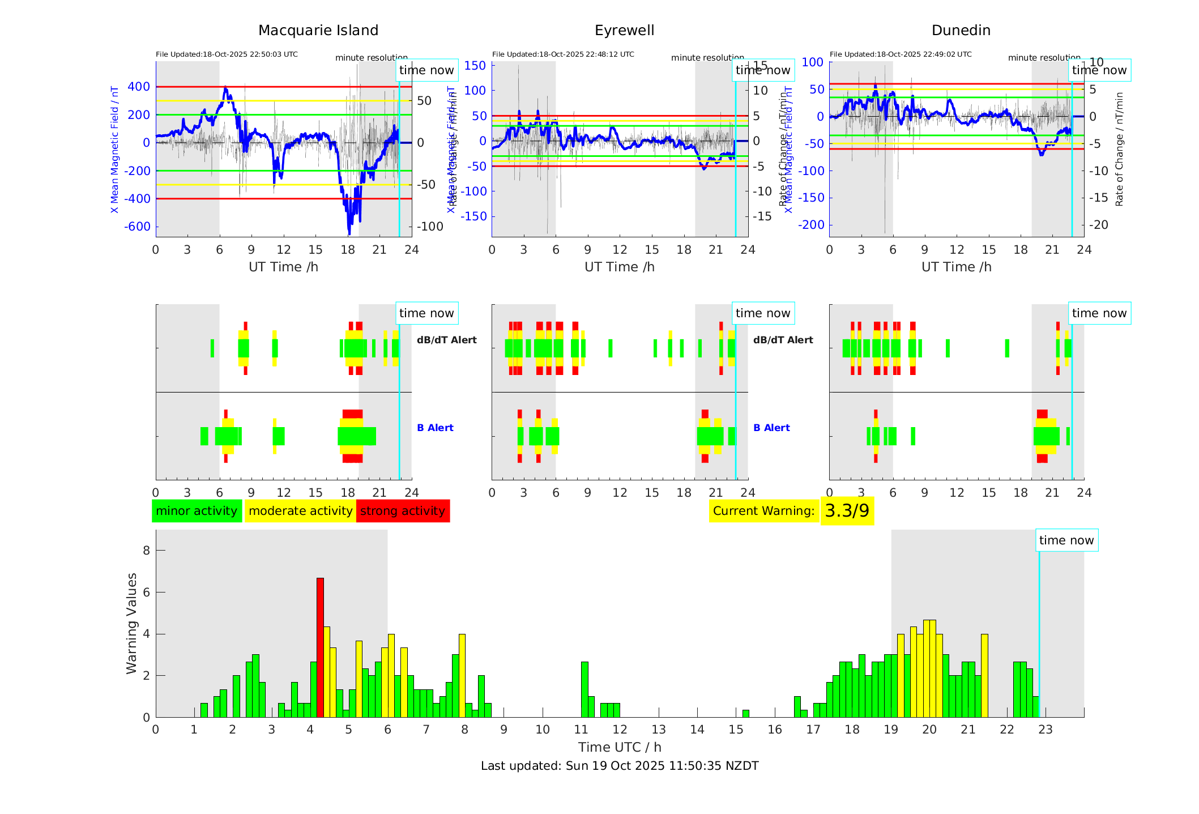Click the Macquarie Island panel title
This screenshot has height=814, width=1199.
click(318, 31)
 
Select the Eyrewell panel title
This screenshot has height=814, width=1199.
click(624, 31)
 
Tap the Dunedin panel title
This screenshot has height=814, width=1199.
click(961, 31)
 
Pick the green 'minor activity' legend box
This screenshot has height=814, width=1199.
click(197, 511)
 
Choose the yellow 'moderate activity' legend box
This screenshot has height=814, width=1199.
click(300, 511)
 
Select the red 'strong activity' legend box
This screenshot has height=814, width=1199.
click(403, 511)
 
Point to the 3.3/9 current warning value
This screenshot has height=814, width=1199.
click(847, 511)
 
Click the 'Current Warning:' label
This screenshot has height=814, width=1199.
click(763, 511)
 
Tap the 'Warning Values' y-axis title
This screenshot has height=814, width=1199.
click(132, 623)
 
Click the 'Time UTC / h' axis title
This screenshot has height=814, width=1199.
click(620, 747)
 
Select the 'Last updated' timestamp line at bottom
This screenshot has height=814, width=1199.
click(620, 766)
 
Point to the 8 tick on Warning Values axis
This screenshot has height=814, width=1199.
click(147, 551)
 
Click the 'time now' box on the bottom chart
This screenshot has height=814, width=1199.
click(1066, 540)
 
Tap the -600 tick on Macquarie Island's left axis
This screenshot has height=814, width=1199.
click(138, 227)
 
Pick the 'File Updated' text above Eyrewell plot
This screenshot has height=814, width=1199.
click(563, 54)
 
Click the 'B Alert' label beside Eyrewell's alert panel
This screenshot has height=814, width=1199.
click(771, 428)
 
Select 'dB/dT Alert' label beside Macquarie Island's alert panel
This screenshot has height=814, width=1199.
click(446, 340)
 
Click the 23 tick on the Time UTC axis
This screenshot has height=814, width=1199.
click(1046, 730)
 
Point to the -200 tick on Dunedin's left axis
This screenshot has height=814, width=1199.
click(812, 225)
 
